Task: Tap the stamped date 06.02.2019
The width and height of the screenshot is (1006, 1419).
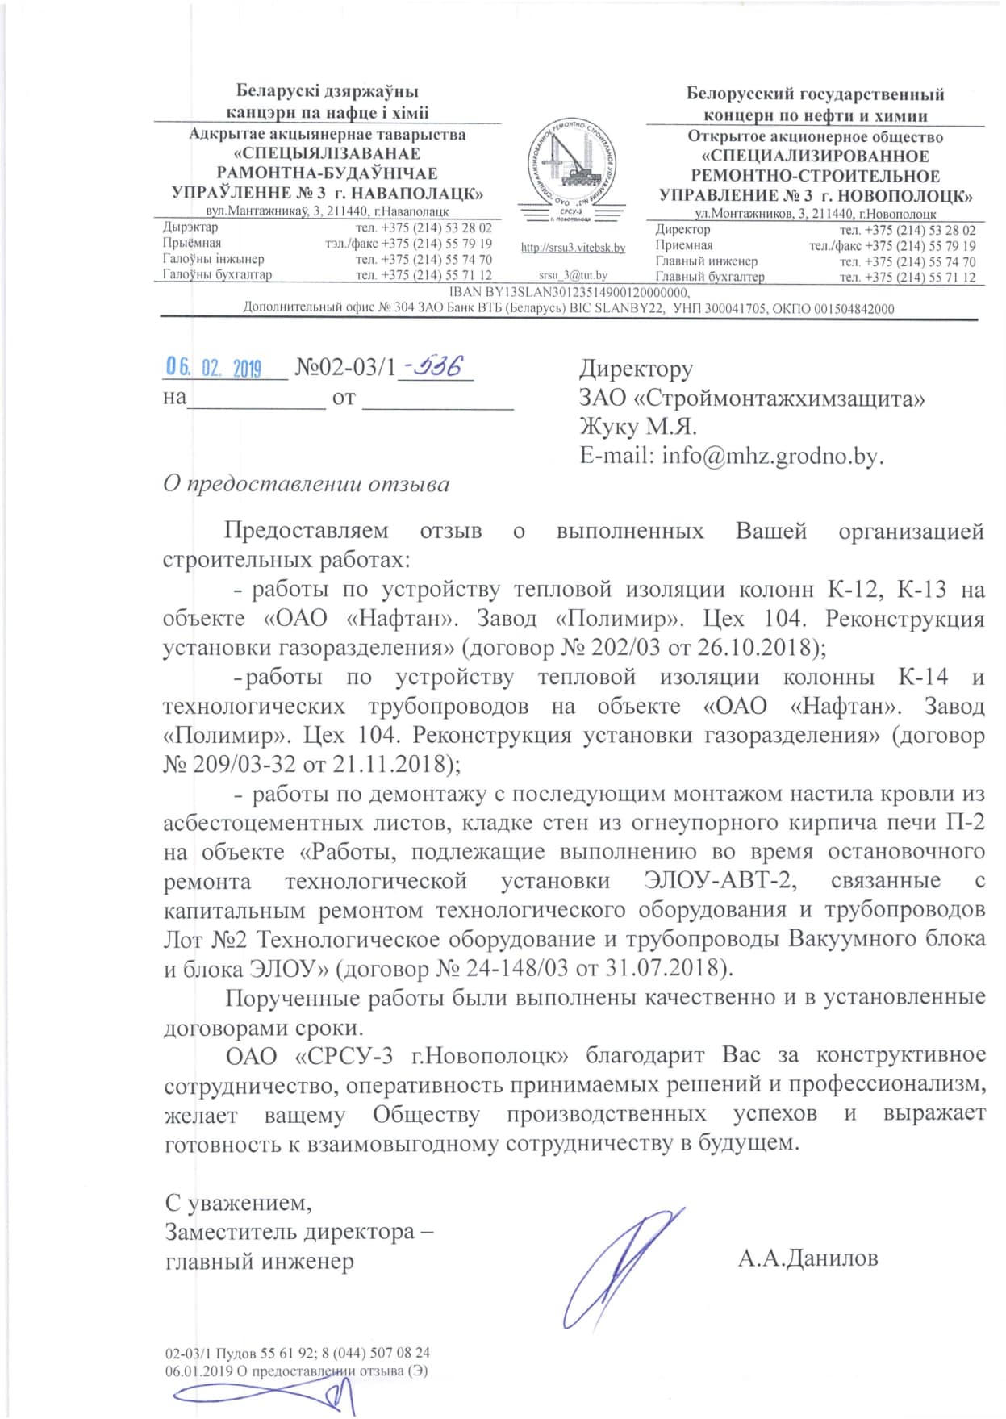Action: coord(214,369)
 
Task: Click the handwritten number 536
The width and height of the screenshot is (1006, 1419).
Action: coord(435,367)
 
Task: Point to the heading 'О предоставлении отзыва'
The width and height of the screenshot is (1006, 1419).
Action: coord(306,484)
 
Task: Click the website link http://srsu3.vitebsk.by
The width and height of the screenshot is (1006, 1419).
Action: coord(573,248)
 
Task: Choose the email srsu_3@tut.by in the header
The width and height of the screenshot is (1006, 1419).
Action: coord(573,276)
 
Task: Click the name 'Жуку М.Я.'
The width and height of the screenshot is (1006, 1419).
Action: coord(638,426)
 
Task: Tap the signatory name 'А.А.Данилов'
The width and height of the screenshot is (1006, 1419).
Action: coord(808,1258)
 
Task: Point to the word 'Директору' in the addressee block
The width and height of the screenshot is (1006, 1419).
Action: coord(636,369)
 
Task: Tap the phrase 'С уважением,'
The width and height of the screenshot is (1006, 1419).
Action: coord(238,1202)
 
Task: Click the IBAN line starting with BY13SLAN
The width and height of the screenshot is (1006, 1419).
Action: coord(569,293)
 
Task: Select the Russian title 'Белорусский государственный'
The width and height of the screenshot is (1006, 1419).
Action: coord(815,94)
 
